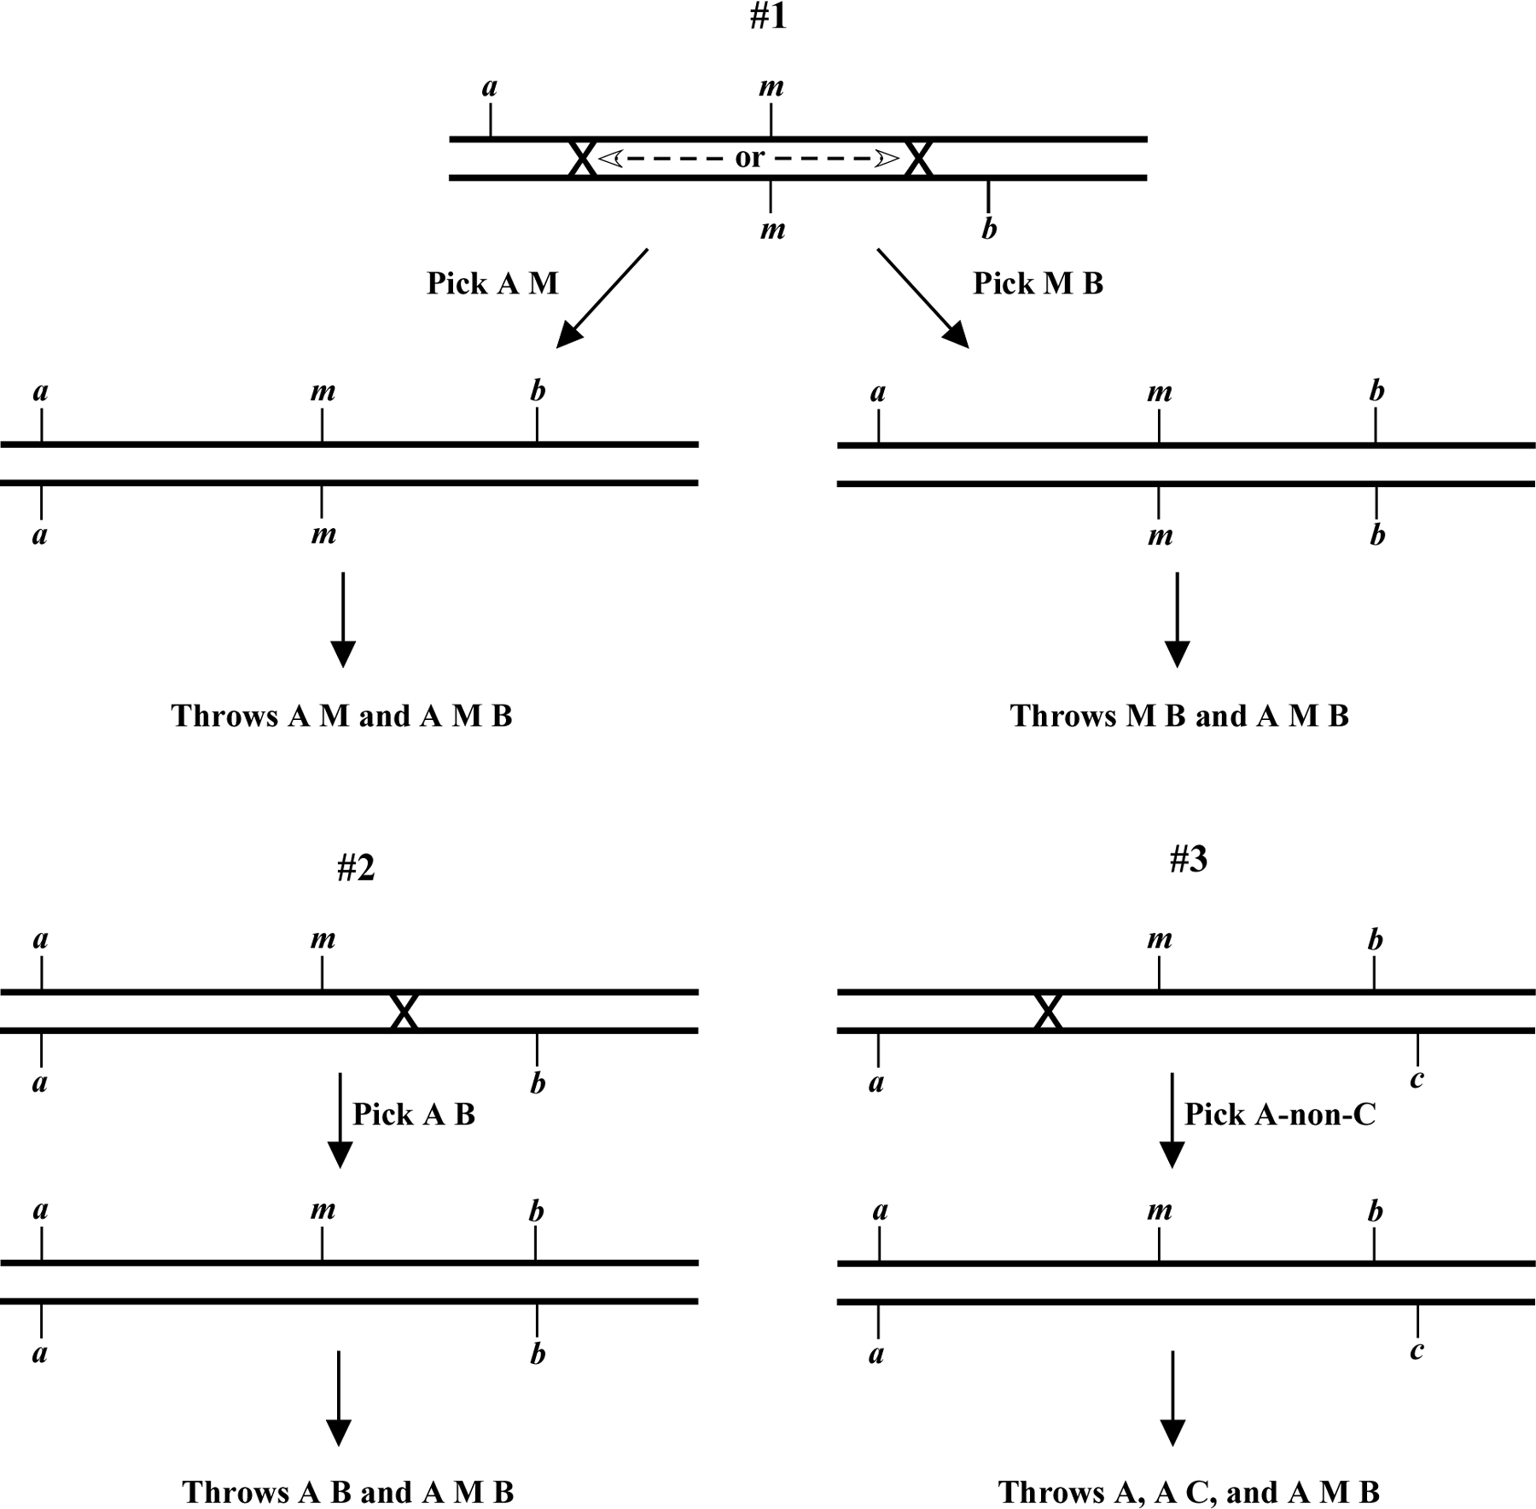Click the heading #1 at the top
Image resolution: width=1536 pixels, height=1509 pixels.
[x=768, y=16]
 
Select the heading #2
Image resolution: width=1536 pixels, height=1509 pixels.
[x=356, y=868]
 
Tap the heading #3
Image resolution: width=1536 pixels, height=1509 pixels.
[x=1188, y=860]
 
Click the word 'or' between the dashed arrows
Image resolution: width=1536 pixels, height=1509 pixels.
[x=749, y=158]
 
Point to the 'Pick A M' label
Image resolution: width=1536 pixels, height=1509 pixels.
[x=492, y=283]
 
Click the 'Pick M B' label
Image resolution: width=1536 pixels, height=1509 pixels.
[x=1038, y=283]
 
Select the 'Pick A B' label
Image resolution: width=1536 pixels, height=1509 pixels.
[x=414, y=1114]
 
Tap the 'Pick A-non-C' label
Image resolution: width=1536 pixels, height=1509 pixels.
[x=1280, y=1114]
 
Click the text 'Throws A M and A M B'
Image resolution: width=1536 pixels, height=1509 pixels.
[x=341, y=716]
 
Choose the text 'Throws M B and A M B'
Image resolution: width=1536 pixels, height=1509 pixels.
[x=1179, y=716]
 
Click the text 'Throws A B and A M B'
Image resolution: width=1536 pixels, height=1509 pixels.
[x=348, y=1492]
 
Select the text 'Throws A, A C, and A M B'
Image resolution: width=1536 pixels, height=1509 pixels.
[x=1189, y=1492]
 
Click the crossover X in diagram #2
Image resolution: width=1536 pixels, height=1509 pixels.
[x=404, y=1012]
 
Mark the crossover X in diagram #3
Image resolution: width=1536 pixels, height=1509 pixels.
[x=1048, y=1012]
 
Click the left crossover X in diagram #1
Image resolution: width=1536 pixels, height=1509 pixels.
[x=582, y=159]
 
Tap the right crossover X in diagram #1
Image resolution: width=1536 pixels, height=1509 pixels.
[x=917, y=159]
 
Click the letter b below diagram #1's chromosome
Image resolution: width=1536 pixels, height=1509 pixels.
[x=989, y=229]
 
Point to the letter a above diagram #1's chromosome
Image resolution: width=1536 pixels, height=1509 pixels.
[x=490, y=87]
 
